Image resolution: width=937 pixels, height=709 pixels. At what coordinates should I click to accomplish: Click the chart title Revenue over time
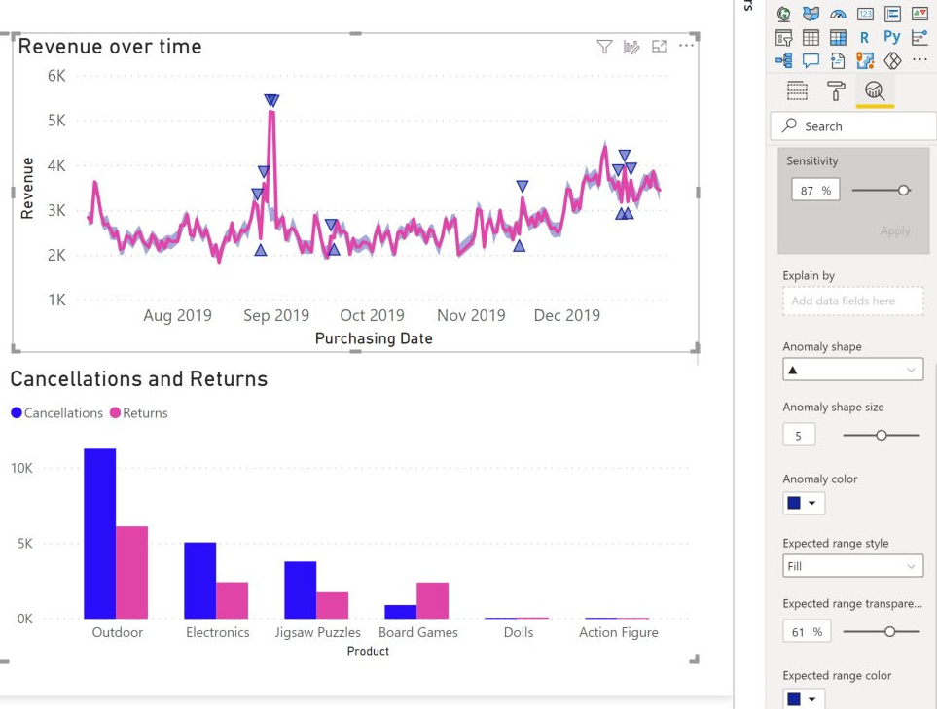tap(110, 47)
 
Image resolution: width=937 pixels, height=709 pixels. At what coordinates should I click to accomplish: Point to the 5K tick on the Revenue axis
tap(56, 121)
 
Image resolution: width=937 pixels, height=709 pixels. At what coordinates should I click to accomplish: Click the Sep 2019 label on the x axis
tap(276, 315)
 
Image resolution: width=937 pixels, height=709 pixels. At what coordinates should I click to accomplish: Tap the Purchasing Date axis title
tap(374, 338)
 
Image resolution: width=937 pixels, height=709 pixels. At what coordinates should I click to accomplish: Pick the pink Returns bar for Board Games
tap(433, 600)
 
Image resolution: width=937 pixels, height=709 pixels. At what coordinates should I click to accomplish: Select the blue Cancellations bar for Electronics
tap(200, 580)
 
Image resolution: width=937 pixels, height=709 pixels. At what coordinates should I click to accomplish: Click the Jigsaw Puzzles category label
tap(318, 632)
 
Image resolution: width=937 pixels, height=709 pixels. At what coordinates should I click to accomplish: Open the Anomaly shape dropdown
tap(852, 370)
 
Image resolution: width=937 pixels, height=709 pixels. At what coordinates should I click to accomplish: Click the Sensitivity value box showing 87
tap(813, 191)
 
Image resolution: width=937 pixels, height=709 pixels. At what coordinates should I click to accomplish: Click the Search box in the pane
tap(853, 126)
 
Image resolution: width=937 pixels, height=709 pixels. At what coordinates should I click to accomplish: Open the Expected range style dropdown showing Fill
tap(852, 566)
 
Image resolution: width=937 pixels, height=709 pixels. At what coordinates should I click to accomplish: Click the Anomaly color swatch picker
tap(804, 503)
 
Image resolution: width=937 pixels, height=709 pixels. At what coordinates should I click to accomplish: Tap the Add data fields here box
tap(852, 301)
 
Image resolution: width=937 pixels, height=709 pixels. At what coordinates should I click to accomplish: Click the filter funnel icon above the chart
tap(604, 47)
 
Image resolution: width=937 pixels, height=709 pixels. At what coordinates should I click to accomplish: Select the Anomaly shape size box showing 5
tap(799, 436)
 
